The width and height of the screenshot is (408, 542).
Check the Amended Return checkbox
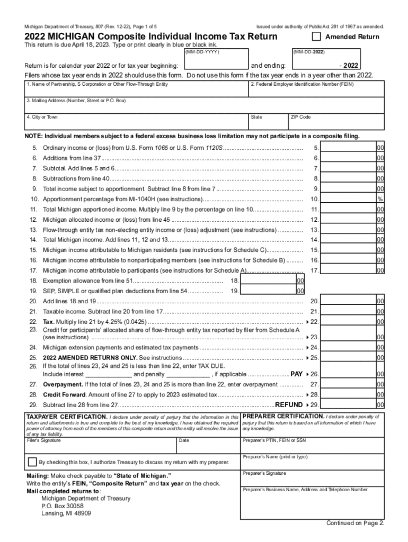(316, 37)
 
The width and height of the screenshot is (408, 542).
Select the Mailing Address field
(205, 106)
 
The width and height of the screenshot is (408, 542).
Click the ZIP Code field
(336, 123)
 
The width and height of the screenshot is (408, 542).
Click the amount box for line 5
(349, 148)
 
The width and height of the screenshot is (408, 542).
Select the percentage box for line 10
(349, 199)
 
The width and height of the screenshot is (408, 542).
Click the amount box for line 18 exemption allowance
(268, 281)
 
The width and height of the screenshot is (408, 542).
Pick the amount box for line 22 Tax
(349, 321)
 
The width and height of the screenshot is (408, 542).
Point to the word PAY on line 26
(297, 374)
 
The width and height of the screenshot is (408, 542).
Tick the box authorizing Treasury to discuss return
(32, 462)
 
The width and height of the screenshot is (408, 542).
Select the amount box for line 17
(349, 270)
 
